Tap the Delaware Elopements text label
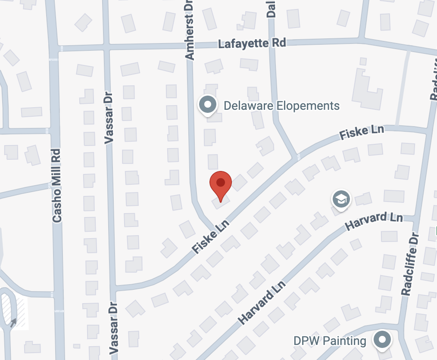pyautogui.click(x=282, y=106)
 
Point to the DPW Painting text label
pyautogui.click(x=330, y=341)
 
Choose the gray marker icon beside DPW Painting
pyautogui.click(x=382, y=339)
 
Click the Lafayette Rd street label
pyautogui.click(x=252, y=43)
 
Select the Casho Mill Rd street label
pyautogui.click(x=56, y=186)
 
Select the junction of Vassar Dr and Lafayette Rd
pyautogui.click(x=106, y=47)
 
